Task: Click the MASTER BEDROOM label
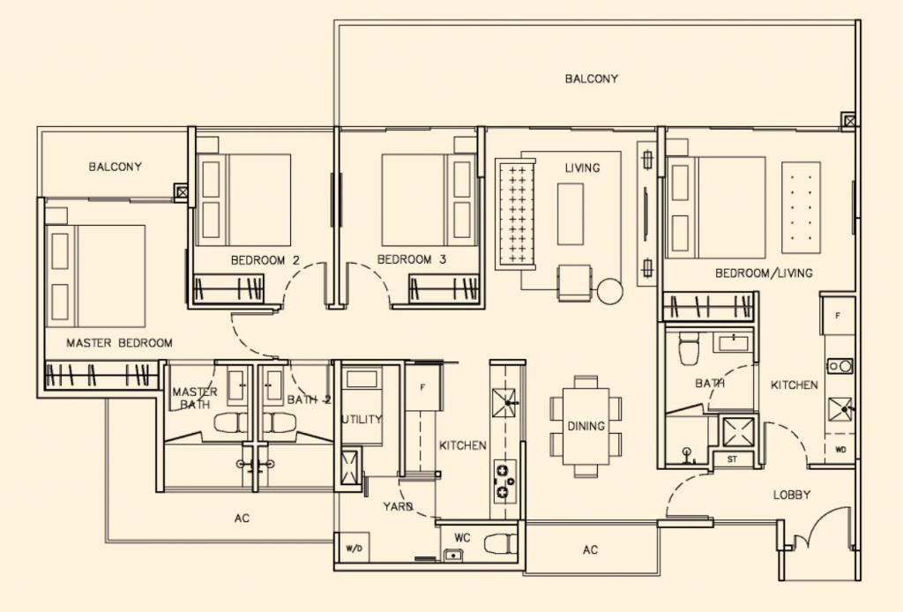pos(120,342)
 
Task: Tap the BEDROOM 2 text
pos(265,260)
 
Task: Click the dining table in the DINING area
pos(586,426)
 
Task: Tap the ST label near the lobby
pos(732,459)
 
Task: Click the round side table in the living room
pos(610,288)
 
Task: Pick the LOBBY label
pos(791,495)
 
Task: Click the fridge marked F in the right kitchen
pos(838,314)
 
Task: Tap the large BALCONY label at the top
pos(592,78)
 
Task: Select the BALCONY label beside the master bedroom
pos(115,166)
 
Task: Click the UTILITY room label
pos(362,420)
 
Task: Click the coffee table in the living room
pos(571,213)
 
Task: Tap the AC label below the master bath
pos(242,519)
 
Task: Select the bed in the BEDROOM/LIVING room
pos(715,207)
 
